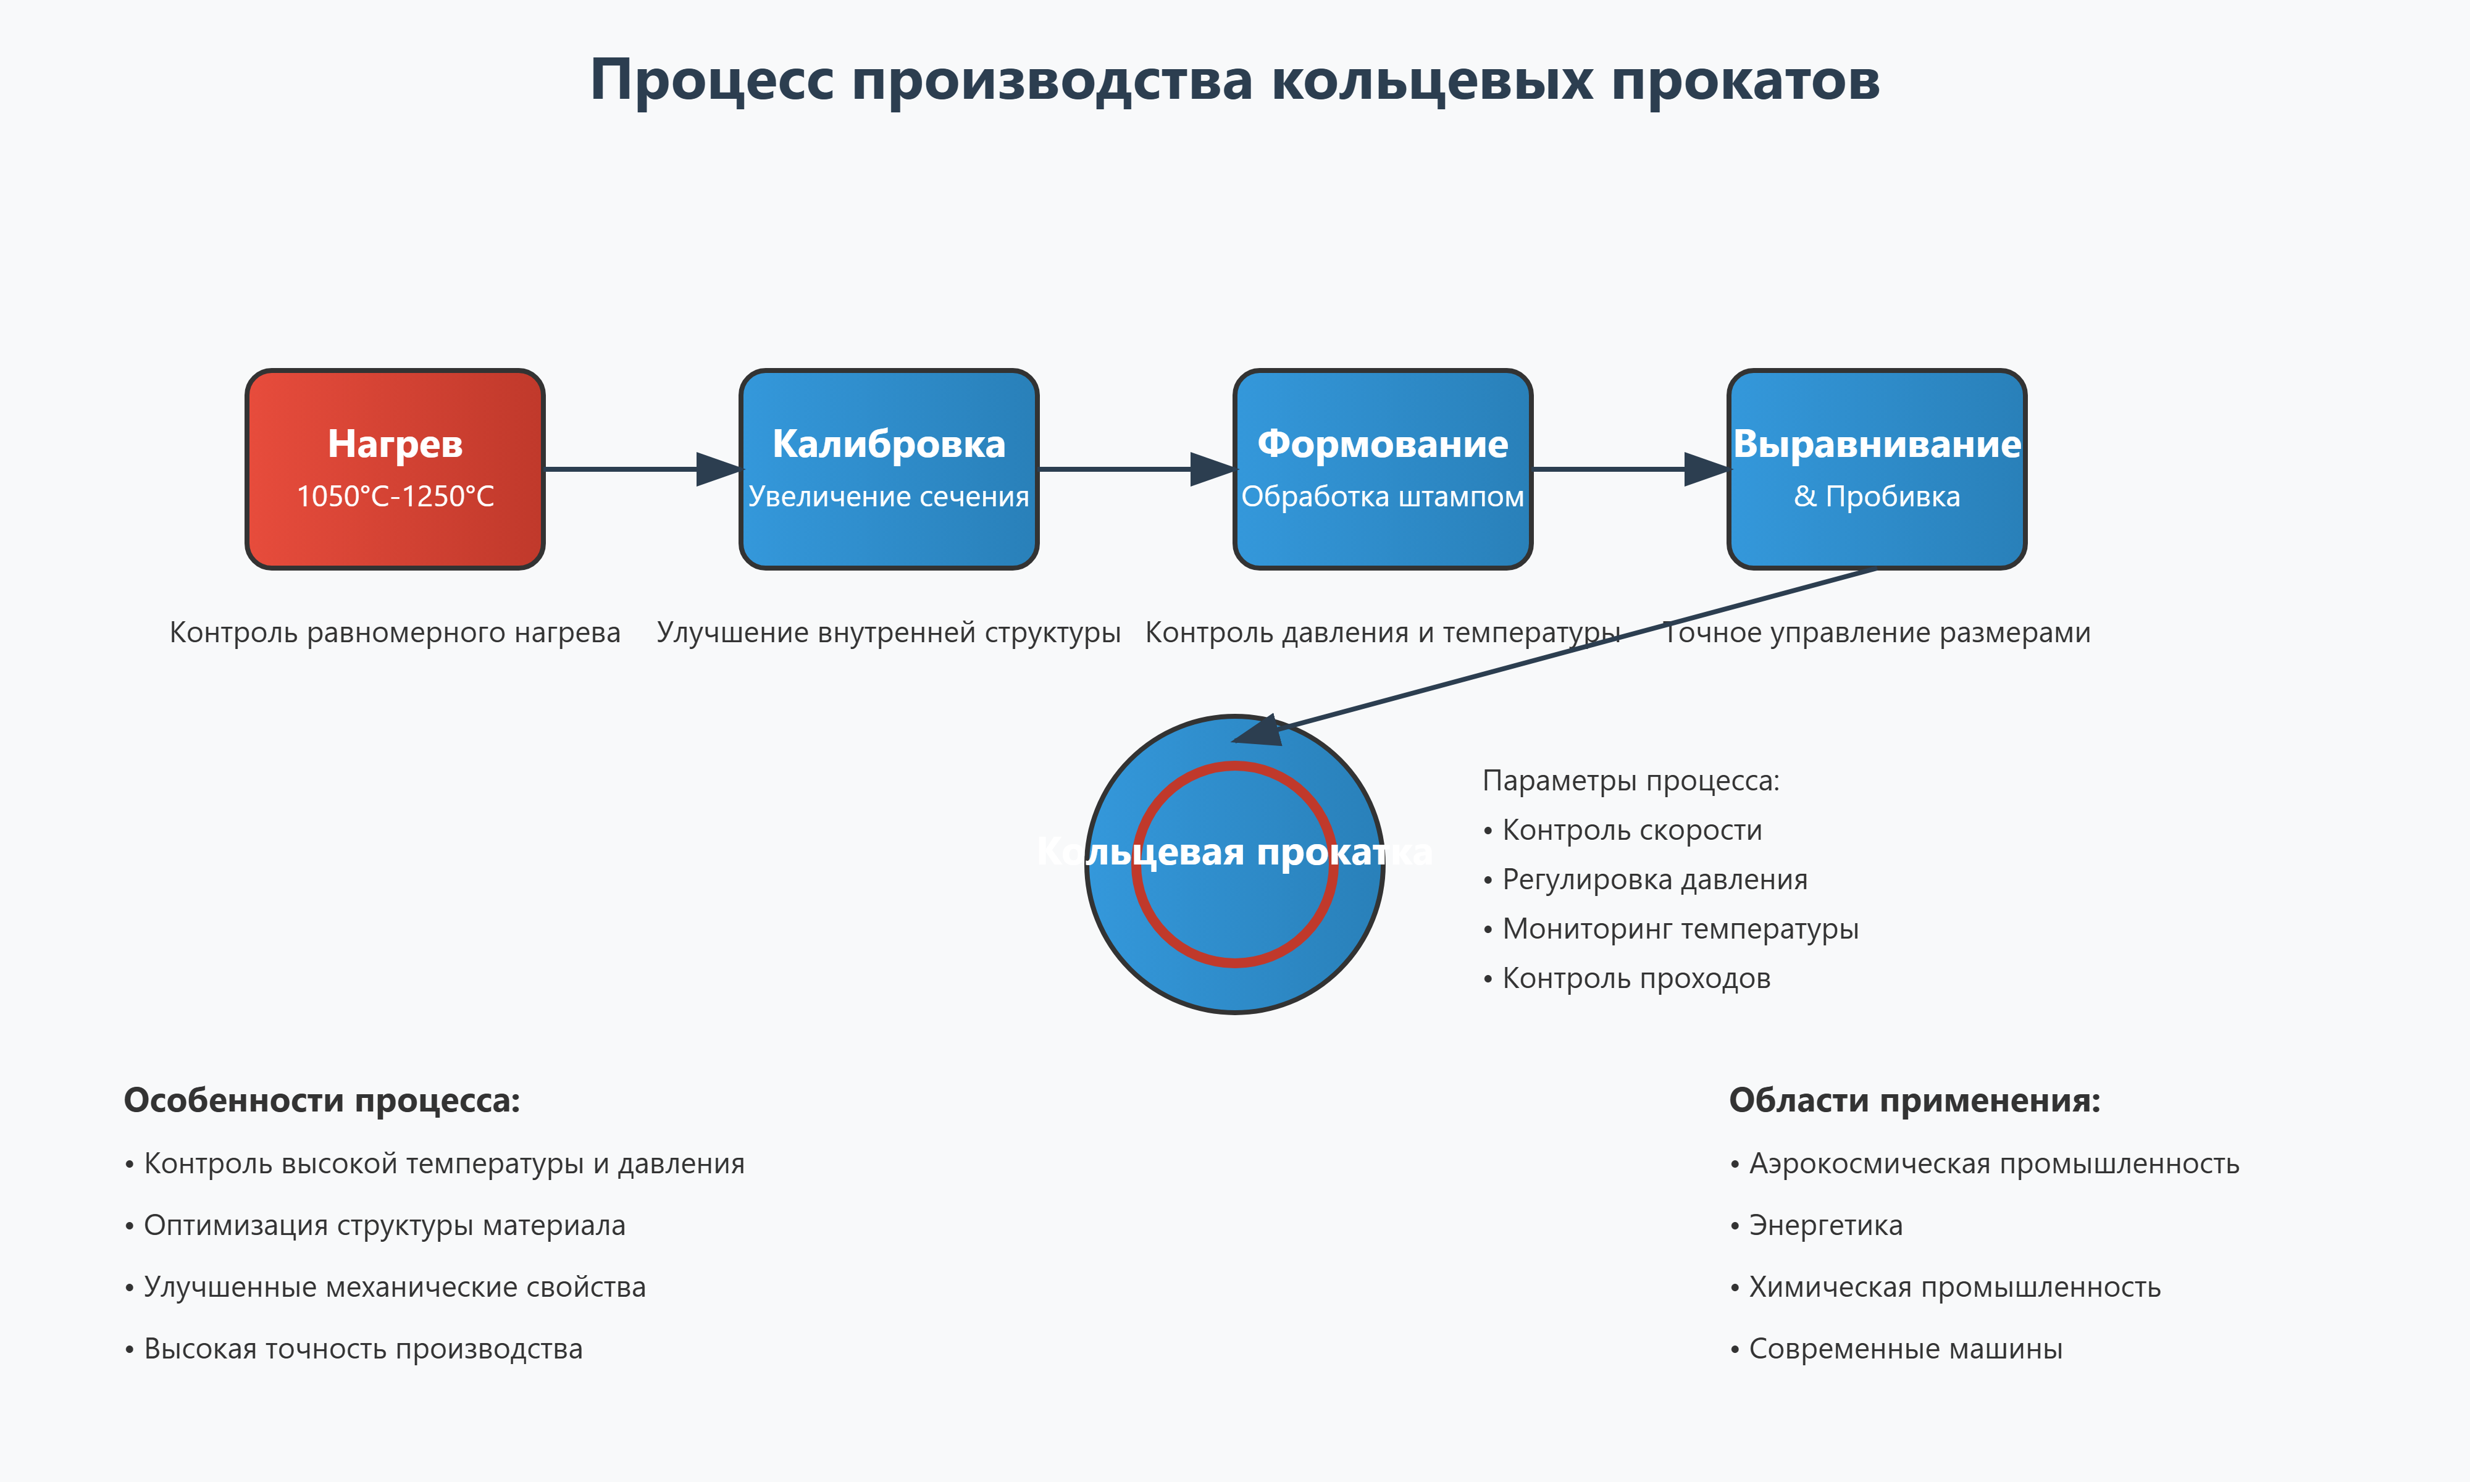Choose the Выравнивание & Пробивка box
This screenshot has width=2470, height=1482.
pyautogui.click(x=1877, y=539)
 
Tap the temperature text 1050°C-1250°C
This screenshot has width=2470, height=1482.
pyautogui.click(x=395, y=496)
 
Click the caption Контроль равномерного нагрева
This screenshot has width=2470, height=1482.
pyautogui.click(x=395, y=632)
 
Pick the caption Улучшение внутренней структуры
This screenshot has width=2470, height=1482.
pyautogui.click(x=889, y=632)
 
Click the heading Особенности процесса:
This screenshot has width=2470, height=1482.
pyautogui.click(x=322, y=1100)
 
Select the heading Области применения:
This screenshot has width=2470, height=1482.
pyautogui.click(x=1914, y=1100)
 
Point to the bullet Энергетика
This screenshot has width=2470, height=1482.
pyautogui.click(x=1825, y=1225)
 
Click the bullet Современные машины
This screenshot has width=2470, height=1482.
pyautogui.click(x=1905, y=1348)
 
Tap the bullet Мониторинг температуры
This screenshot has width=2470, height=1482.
pyautogui.click(x=1679, y=929)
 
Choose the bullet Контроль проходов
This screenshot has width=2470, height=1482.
pyautogui.click(x=1635, y=978)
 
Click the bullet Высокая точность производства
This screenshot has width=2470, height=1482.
pyautogui.click(x=362, y=1348)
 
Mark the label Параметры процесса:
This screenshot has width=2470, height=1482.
pyautogui.click(x=1630, y=780)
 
